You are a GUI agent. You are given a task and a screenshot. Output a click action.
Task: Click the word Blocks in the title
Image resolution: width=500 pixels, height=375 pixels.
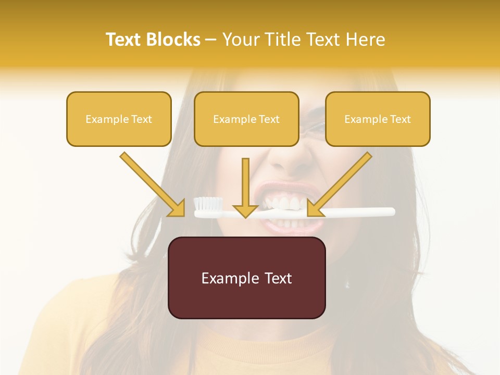point(173,40)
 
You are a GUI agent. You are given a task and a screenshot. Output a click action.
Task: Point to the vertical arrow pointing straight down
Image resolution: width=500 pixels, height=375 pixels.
point(245,187)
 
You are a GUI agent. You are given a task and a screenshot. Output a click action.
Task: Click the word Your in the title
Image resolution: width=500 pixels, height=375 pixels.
point(241,40)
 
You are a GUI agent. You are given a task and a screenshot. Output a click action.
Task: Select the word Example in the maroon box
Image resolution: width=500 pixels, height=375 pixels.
point(228,278)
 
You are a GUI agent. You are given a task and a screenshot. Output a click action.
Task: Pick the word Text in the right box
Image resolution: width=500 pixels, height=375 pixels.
point(400,119)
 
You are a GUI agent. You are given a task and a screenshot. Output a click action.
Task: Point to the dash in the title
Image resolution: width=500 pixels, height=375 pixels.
point(211,40)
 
